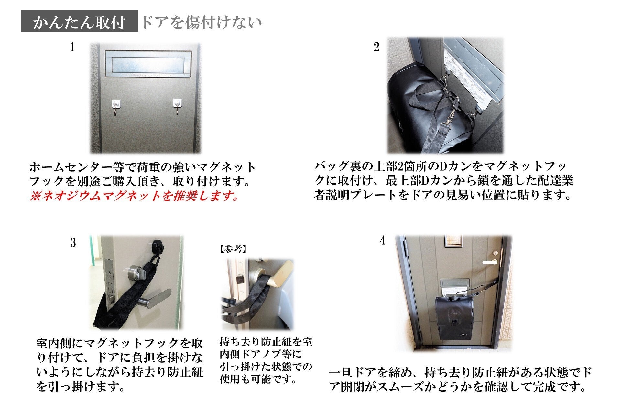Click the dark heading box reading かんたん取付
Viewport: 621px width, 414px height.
(x=79, y=21)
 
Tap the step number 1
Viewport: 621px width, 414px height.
(x=72, y=47)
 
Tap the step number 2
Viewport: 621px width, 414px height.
(x=376, y=47)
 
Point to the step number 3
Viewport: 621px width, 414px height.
(x=73, y=242)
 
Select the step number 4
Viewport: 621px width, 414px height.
(x=383, y=240)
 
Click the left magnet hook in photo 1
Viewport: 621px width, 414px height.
(x=116, y=107)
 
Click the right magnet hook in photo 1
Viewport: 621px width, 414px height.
(x=177, y=106)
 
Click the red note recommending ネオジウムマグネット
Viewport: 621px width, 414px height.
(x=134, y=196)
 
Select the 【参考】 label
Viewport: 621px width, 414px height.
(x=233, y=249)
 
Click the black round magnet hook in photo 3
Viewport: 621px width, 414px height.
(x=158, y=246)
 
